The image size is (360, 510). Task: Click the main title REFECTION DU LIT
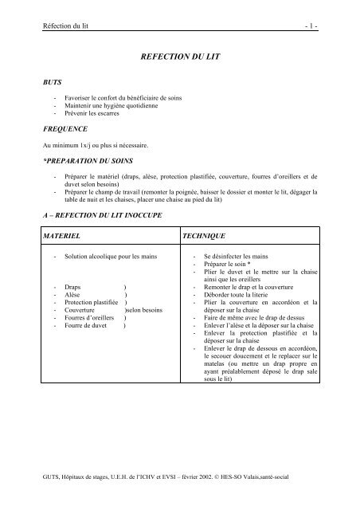click(x=179, y=58)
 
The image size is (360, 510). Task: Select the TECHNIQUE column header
click(x=205, y=237)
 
